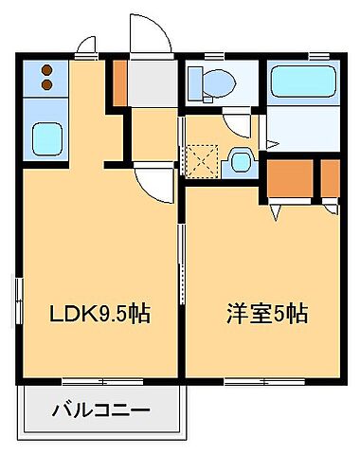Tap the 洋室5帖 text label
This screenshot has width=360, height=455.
(x=266, y=312)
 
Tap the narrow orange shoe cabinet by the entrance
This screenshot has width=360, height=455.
(x=119, y=82)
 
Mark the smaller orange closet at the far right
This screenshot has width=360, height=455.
(x=330, y=176)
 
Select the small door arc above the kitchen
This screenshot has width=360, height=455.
(x=85, y=45)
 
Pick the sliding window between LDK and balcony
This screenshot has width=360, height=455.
(x=100, y=382)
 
